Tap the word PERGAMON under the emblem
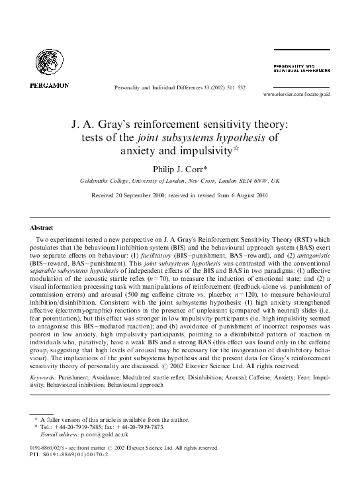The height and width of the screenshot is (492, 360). (49, 85)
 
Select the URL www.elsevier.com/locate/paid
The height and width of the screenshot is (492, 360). (296, 95)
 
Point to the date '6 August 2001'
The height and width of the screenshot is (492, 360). (246, 195)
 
